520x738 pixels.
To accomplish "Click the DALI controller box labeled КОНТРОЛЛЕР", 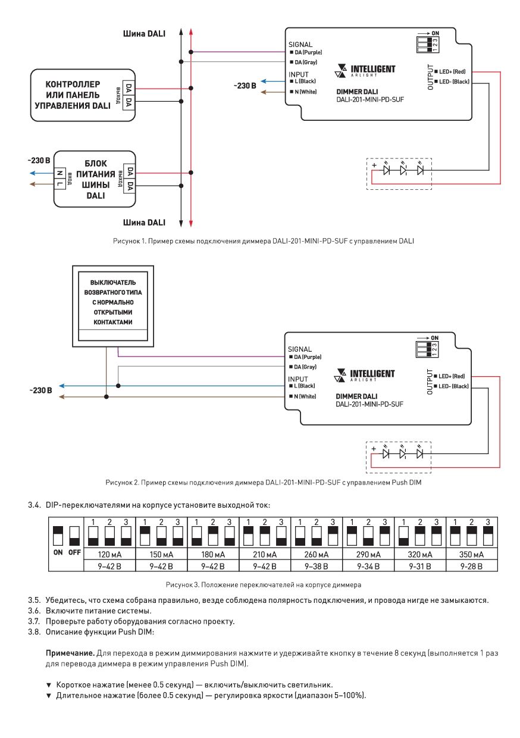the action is (83, 95).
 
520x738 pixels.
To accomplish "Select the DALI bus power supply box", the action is (95, 179).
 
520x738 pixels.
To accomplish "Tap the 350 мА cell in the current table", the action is (471, 555).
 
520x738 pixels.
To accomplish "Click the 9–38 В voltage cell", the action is (316, 566).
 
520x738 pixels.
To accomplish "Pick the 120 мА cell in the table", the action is (109, 555).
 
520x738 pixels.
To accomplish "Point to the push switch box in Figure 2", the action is (113, 306).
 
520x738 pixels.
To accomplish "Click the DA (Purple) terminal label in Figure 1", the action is (306, 52).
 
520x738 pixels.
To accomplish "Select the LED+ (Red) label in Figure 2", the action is (449, 376).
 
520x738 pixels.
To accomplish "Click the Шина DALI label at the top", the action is (144, 33).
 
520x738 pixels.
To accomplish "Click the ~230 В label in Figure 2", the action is (40, 390).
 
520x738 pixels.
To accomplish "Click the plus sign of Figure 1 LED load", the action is (374, 165).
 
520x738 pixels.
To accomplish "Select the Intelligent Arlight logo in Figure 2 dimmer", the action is (364, 376).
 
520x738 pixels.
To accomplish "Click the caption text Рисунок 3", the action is (183, 585).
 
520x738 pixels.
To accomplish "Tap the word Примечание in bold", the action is (70, 653).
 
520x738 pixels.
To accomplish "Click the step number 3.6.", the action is (34, 611).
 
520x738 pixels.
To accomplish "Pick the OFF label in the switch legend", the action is (74, 552).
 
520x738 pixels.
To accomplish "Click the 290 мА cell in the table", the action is (368, 555).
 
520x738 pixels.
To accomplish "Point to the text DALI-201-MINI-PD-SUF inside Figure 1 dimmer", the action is (370, 99).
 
